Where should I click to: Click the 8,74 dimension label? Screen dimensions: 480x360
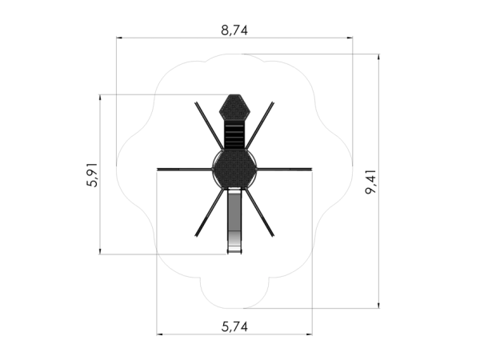(x=234, y=30)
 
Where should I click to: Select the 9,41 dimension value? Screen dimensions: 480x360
(x=370, y=182)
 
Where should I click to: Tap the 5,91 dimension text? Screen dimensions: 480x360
(x=92, y=174)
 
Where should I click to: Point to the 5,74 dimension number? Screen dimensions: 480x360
(x=234, y=326)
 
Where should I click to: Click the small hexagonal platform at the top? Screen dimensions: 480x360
(x=234, y=107)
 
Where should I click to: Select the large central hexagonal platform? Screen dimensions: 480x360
(x=234, y=169)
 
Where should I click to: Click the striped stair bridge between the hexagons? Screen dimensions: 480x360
(x=234, y=136)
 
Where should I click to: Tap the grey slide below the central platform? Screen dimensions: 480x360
(x=234, y=221)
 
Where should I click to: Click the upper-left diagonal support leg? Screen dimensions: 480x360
(x=210, y=126)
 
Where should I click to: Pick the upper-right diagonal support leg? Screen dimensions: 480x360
(x=259, y=126)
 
